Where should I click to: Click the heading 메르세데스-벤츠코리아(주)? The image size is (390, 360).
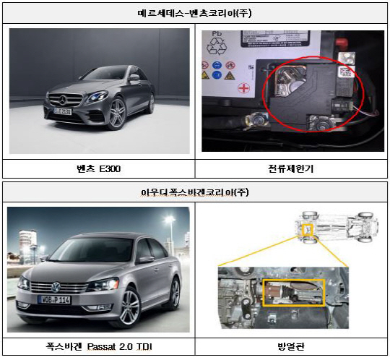pyautogui.click(x=194, y=13)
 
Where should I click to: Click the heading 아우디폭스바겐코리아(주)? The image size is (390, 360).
pyautogui.click(x=195, y=192)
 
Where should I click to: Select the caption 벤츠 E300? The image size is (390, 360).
pyautogui.click(x=99, y=169)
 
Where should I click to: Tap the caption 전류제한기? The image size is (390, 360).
pyautogui.click(x=291, y=169)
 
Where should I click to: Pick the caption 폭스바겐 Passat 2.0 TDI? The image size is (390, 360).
pyautogui.click(x=99, y=346)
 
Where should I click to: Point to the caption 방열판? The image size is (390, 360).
pyautogui.click(x=291, y=346)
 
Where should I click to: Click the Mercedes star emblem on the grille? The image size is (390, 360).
pyautogui.click(x=63, y=100)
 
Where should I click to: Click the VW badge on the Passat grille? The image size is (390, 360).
pyautogui.click(x=56, y=288)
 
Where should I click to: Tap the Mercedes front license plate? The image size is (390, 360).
pyautogui.click(x=63, y=111)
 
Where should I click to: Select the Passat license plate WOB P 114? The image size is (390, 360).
pyautogui.click(x=54, y=300)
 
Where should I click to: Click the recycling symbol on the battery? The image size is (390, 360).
pyautogui.click(x=216, y=46)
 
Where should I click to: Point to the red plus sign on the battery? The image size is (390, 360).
pyautogui.click(x=244, y=88)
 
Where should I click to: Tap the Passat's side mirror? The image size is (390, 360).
pyautogui.click(x=146, y=260)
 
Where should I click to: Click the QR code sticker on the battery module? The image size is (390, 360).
pyautogui.click(x=345, y=72)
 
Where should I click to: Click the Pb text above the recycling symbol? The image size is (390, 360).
pyautogui.click(x=217, y=33)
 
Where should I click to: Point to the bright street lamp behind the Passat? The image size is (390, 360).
pyautogui.click(x=170, y=220)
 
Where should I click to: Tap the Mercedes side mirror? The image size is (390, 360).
pyautogui.click(x=134, y=77)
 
